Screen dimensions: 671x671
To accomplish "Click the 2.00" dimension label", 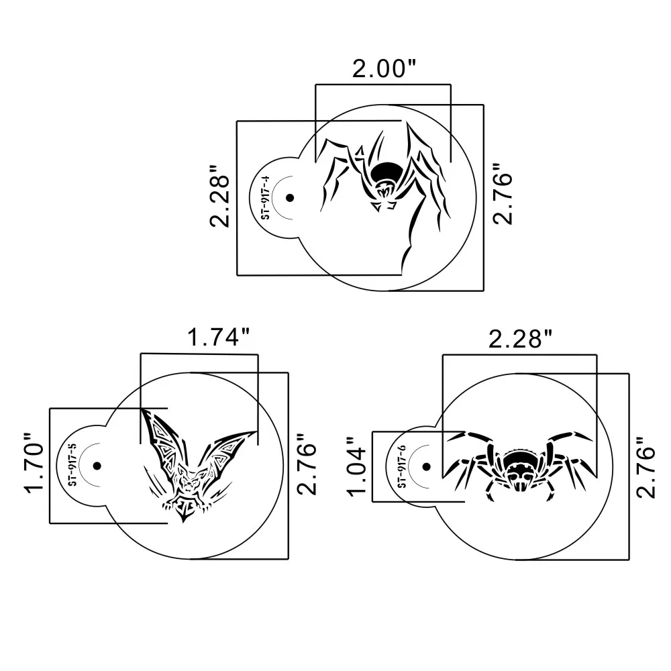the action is click(x=384, y=69).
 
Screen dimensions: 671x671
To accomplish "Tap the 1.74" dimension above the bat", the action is click(x=218, y=338).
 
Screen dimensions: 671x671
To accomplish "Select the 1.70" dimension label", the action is click(x=35, y=463).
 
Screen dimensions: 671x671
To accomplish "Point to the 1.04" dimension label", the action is click(x=357, y=466).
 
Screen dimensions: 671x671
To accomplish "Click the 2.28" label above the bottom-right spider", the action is click(x=521, y=340).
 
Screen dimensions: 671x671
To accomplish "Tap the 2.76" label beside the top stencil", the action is click(x=503, y=193).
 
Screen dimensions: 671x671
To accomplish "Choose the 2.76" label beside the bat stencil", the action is click(x=307, y=464).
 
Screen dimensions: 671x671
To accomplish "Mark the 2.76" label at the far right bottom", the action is click(x=646, y=467).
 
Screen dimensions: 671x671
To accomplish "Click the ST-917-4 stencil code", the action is click(x=266, y=197).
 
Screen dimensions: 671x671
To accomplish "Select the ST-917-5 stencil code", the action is click(x=72, y=465).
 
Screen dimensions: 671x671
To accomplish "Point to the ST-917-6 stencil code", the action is click(x=402, y=466).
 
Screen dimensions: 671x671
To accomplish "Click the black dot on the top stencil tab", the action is click(x=290, y=198).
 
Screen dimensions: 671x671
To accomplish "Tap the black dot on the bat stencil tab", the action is click(x=97, y=466).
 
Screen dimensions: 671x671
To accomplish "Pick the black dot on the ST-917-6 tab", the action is click(x=427, y=466).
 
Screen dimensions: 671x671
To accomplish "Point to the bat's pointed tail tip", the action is click(x=184, y=521).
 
